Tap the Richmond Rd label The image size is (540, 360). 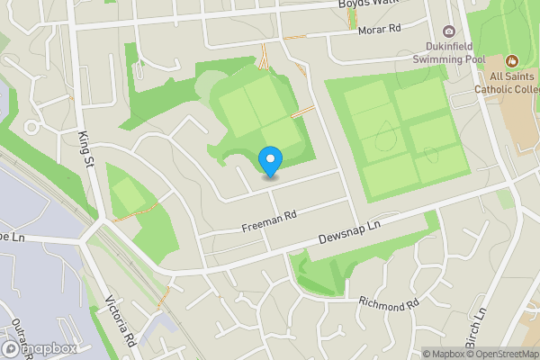(389, 304)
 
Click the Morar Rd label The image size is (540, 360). (380, 31)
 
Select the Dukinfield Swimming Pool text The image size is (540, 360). (449, 51)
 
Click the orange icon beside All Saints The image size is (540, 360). (512, 61)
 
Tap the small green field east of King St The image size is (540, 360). (131, 193)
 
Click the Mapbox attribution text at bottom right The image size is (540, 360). (444, 354)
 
